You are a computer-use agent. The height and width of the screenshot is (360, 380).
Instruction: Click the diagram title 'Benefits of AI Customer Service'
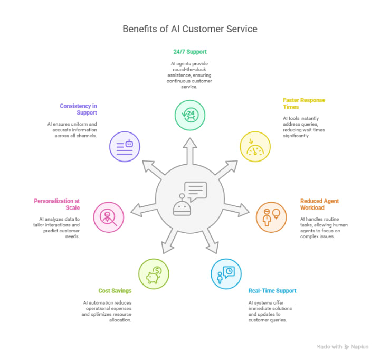[x=190, y=29]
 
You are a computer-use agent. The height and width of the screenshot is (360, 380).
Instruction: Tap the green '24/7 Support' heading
[x=190, y=52]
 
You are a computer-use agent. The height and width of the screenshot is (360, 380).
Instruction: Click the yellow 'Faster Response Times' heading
[x=304, y=103]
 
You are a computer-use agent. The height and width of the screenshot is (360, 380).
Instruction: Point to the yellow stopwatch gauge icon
[x=255, y=146]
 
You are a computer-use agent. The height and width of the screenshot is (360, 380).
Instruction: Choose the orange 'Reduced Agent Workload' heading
[x=319, y=204]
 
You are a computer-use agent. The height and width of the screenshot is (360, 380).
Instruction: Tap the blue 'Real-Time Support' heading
[x=272, y=291]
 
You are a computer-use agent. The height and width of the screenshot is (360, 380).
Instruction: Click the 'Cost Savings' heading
[x=115, y=291]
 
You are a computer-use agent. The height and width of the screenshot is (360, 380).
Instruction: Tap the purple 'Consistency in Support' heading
[x=78, y=109]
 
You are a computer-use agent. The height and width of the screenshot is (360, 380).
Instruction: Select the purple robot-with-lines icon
[x=125, y=146]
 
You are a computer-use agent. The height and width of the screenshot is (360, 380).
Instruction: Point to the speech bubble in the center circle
[x=195, y=191]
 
